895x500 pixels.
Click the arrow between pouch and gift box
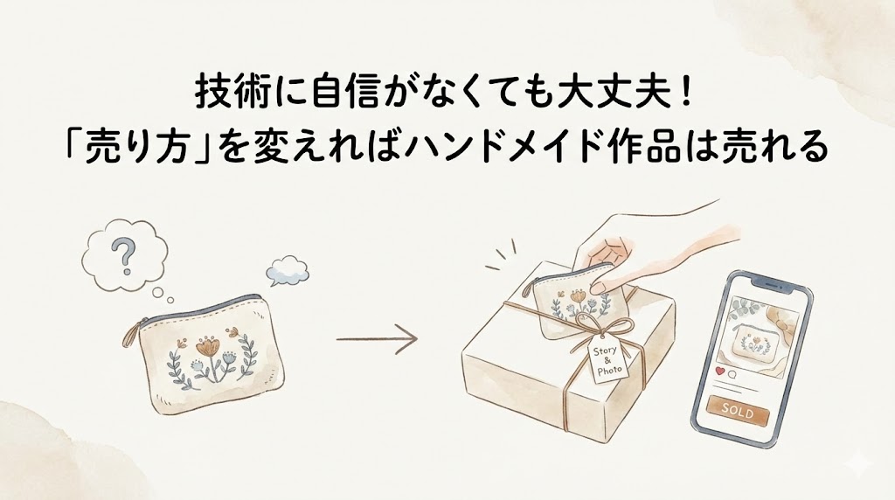pyautogui.click(x=377, y=338)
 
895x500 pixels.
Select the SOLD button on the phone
pyautogui.click(x=738, y=410)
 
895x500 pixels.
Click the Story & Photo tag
pyautogui.click(x=607, y=362)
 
